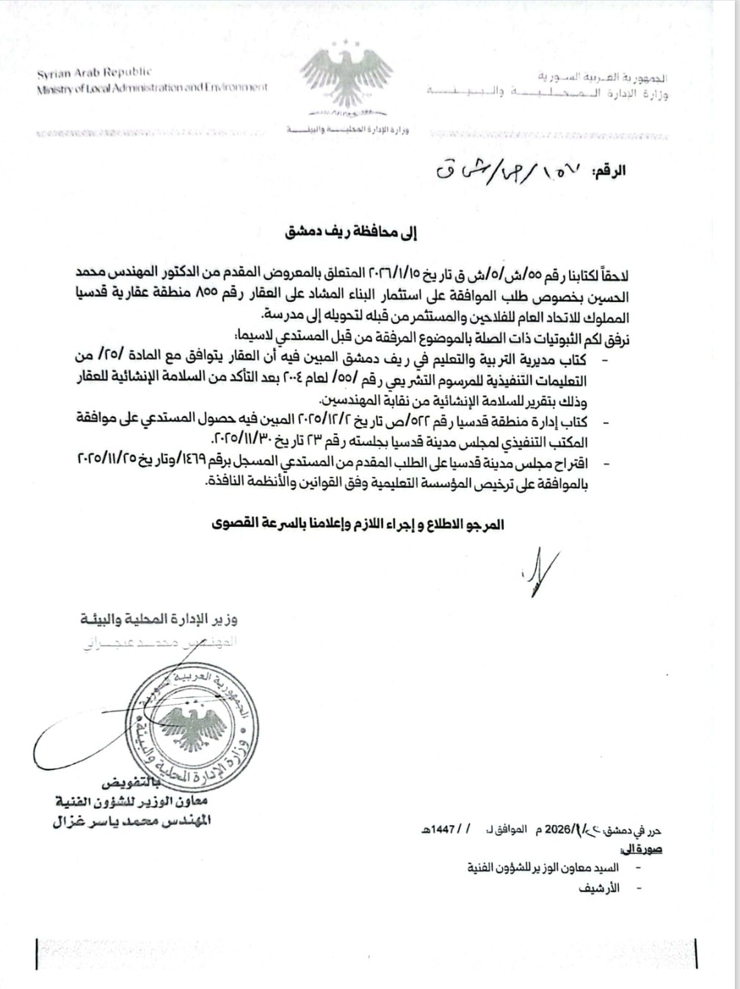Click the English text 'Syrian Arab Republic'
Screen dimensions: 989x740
click(95, 73)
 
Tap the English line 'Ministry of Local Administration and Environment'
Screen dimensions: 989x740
click(153, 88)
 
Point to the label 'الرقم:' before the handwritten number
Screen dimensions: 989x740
click(609, 170)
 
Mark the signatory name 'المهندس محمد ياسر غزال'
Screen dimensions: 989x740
click(132, 821)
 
